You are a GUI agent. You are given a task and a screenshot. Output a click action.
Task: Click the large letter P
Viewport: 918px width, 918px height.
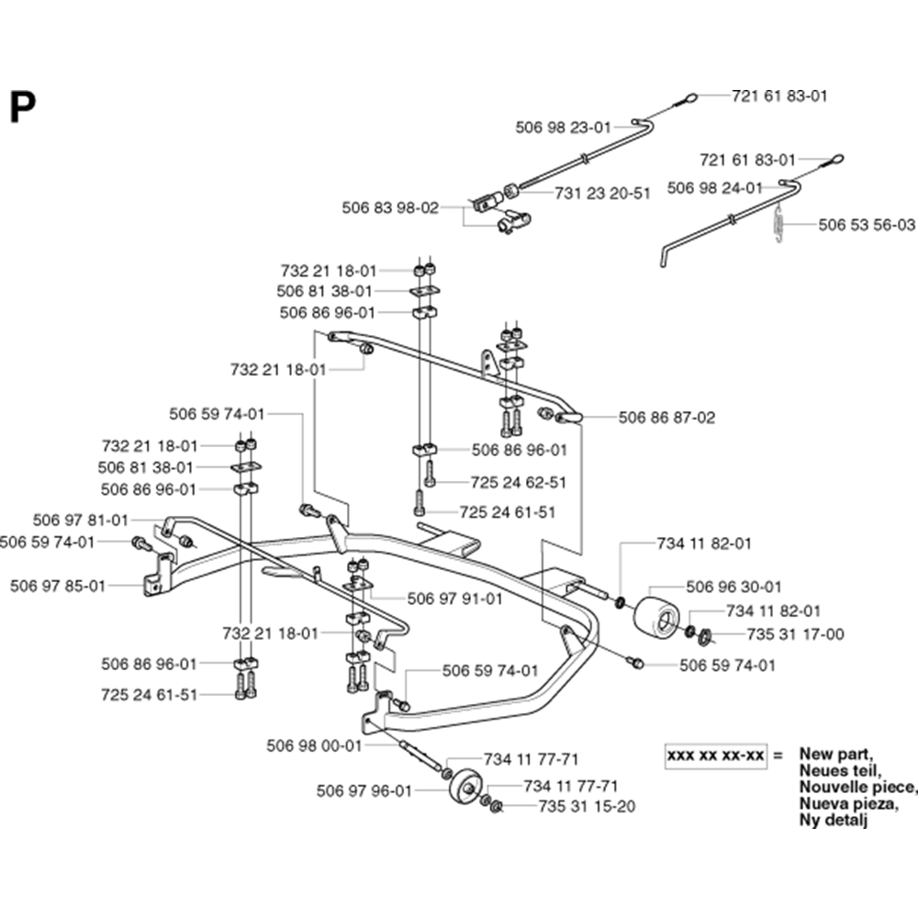point(23,108)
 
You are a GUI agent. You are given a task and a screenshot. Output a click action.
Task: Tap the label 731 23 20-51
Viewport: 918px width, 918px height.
point(602,193)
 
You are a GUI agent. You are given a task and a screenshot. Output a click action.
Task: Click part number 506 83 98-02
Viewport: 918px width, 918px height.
point(390,208)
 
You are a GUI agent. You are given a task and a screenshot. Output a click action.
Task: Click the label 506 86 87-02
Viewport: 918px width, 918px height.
point(666,418)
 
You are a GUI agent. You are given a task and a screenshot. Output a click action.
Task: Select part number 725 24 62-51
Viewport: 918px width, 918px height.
point(519,481)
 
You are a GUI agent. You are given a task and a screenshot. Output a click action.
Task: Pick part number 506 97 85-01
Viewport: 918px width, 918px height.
point(58,584)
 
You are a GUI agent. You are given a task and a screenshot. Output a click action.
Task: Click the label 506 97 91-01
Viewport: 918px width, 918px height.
point(455,599)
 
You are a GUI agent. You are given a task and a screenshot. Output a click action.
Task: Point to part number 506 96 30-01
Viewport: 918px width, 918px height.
point(734,587)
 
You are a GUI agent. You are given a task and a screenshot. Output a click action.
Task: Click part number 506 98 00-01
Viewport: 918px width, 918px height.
point(315,746)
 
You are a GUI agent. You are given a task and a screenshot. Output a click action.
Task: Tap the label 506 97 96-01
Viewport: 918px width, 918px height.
point(364,789)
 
